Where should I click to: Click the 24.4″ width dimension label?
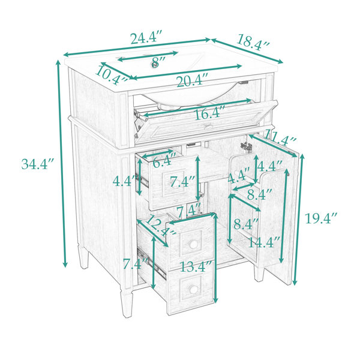[146, 38]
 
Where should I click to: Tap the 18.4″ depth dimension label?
[253, 43]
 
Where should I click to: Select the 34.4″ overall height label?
[38, 164]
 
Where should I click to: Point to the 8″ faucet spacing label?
[158, 61]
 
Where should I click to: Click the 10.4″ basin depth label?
[111, 75]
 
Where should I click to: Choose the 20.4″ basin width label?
[193, 81]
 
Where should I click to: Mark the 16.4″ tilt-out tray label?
[209, 113]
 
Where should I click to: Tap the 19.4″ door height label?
[321, 218]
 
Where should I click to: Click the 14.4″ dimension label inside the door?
[264, 242]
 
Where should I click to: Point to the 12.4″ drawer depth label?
[160, 226]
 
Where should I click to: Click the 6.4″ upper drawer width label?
[163, 161]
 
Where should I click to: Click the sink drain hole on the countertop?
[155, 65]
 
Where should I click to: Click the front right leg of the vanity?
[259, 273]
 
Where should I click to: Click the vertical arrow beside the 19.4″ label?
[298, 220]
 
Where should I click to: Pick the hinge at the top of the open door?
[246, 146]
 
